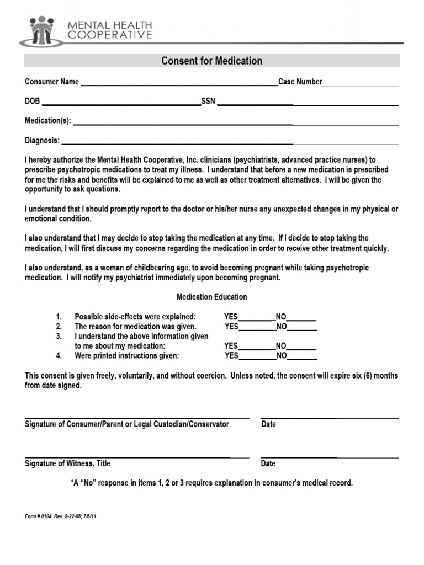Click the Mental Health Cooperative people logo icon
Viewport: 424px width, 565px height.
pos(42,31)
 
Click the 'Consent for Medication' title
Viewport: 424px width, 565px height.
pos(211,61)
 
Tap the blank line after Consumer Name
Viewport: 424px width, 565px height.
pos(179,84)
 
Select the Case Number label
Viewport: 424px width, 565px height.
pos(300,82)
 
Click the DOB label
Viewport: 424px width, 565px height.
pos(33,102)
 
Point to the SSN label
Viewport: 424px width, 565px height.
pos(208,102)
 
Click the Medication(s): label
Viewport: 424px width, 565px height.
pos(48,121)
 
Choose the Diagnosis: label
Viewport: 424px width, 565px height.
pos(42,141)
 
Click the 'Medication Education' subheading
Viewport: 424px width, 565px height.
pos(211,297)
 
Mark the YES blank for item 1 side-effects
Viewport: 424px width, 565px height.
pos(257,319)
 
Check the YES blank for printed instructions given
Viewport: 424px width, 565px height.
pos(257,358)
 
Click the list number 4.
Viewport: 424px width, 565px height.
pos(59,356)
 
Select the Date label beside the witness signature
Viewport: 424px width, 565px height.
pos(268,463)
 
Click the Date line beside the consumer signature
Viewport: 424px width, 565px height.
pos(330,417)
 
